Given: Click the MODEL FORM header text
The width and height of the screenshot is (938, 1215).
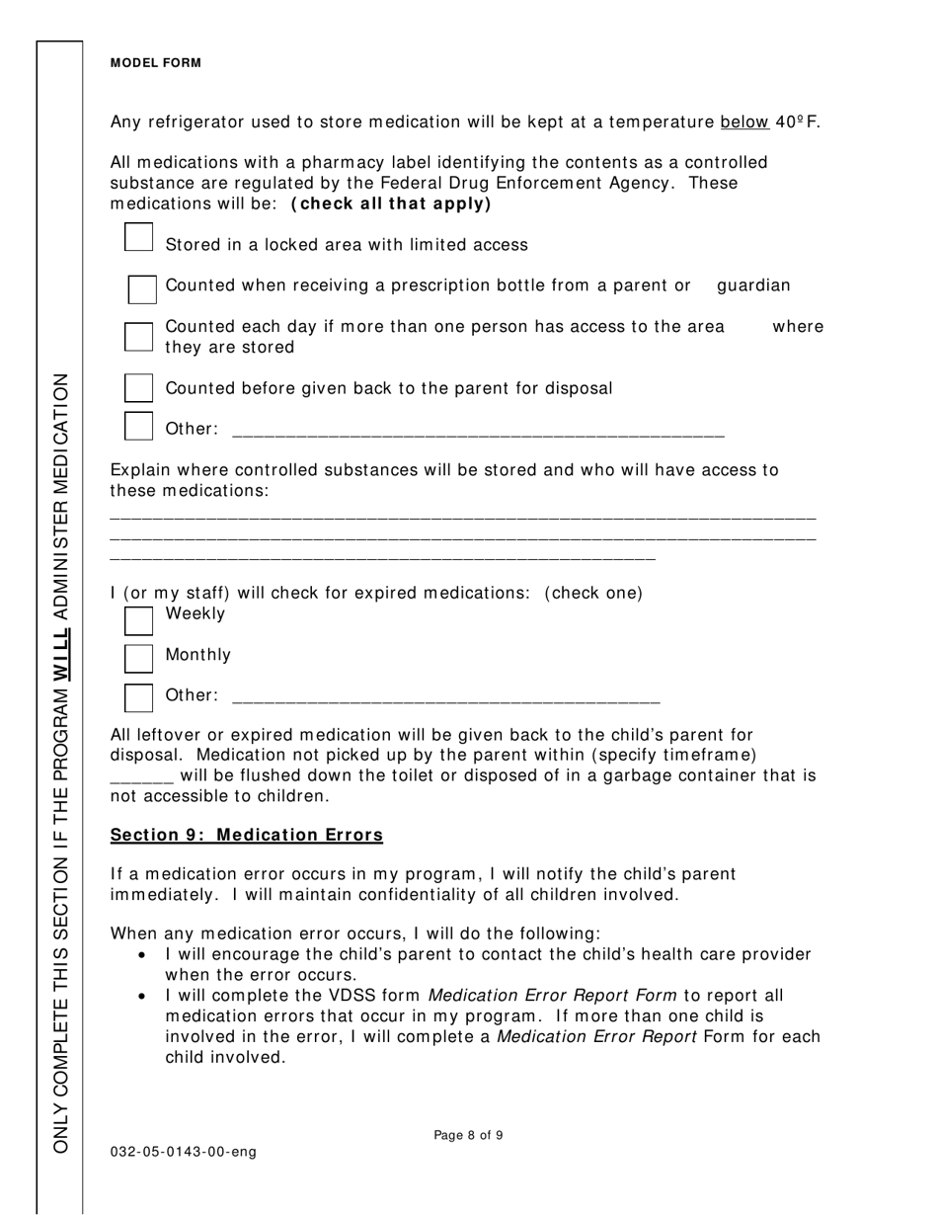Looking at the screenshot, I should (155, 63).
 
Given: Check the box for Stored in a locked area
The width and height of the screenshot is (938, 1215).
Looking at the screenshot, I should (139, 238).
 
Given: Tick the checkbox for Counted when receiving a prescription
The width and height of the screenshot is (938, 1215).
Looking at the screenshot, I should (142, 289).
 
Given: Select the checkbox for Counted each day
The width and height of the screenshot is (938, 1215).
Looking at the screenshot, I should (139, 337).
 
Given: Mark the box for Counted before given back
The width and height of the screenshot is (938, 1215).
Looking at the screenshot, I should (139, 387).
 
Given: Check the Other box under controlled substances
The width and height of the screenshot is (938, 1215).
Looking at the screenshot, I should (139, 426).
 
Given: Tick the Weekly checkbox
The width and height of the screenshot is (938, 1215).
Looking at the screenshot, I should (139, 619).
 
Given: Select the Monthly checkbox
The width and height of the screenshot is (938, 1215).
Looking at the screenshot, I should (139, 658).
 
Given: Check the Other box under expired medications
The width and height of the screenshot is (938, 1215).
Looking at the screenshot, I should (139, 697).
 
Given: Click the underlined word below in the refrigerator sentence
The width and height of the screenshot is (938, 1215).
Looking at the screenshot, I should (744, 122).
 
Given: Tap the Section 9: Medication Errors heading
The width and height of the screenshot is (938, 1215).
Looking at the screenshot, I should (246, 836).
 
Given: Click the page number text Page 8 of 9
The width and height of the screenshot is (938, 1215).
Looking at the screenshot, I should (468, 1136).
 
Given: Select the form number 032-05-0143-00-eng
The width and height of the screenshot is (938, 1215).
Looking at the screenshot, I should (183, 1153).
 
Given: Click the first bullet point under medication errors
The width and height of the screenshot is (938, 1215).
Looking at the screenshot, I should (144, 956).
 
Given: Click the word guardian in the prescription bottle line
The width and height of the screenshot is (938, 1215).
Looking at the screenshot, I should (753, 286).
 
